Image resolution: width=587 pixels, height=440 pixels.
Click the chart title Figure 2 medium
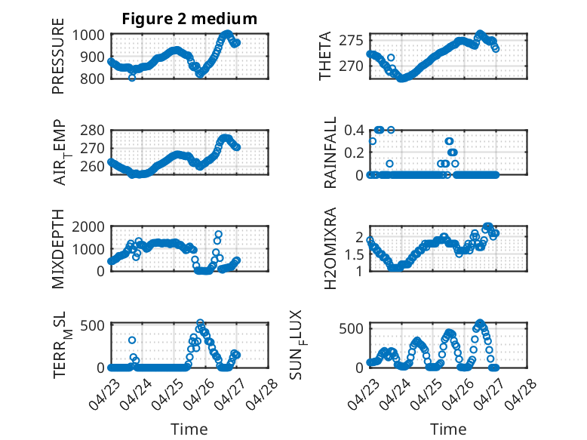[x=189, y=19]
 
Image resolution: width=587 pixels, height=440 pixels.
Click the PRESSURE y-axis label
[x=58, y=56]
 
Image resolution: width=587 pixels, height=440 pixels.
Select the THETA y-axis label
[x=325, y=56]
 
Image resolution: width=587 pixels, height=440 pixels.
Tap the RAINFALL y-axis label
[x=330, y=152]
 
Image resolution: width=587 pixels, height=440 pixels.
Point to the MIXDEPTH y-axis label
[x=58, y=249]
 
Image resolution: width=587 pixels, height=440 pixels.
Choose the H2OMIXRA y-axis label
[x=330, y=248]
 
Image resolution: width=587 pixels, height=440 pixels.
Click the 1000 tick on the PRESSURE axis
[x=88, y=35]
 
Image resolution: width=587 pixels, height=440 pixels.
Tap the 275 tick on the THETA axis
[x=351, y=40]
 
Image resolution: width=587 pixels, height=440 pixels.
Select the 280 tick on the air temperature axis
[x=92, y=131]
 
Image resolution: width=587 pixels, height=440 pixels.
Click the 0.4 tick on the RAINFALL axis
[x=354, y=131]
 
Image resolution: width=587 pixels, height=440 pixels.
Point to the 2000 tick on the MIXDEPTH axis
[x=88, y=226]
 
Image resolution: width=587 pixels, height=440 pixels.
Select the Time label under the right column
[x=448, y=429]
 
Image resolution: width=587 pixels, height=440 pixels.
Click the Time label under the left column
[x=189, y=429]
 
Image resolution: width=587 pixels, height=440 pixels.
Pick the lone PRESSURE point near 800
[x=132, y=78]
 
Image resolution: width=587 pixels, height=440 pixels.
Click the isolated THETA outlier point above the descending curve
[x=391, y=57]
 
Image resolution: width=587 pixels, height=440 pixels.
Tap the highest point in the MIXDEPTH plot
[x=218, y=235]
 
